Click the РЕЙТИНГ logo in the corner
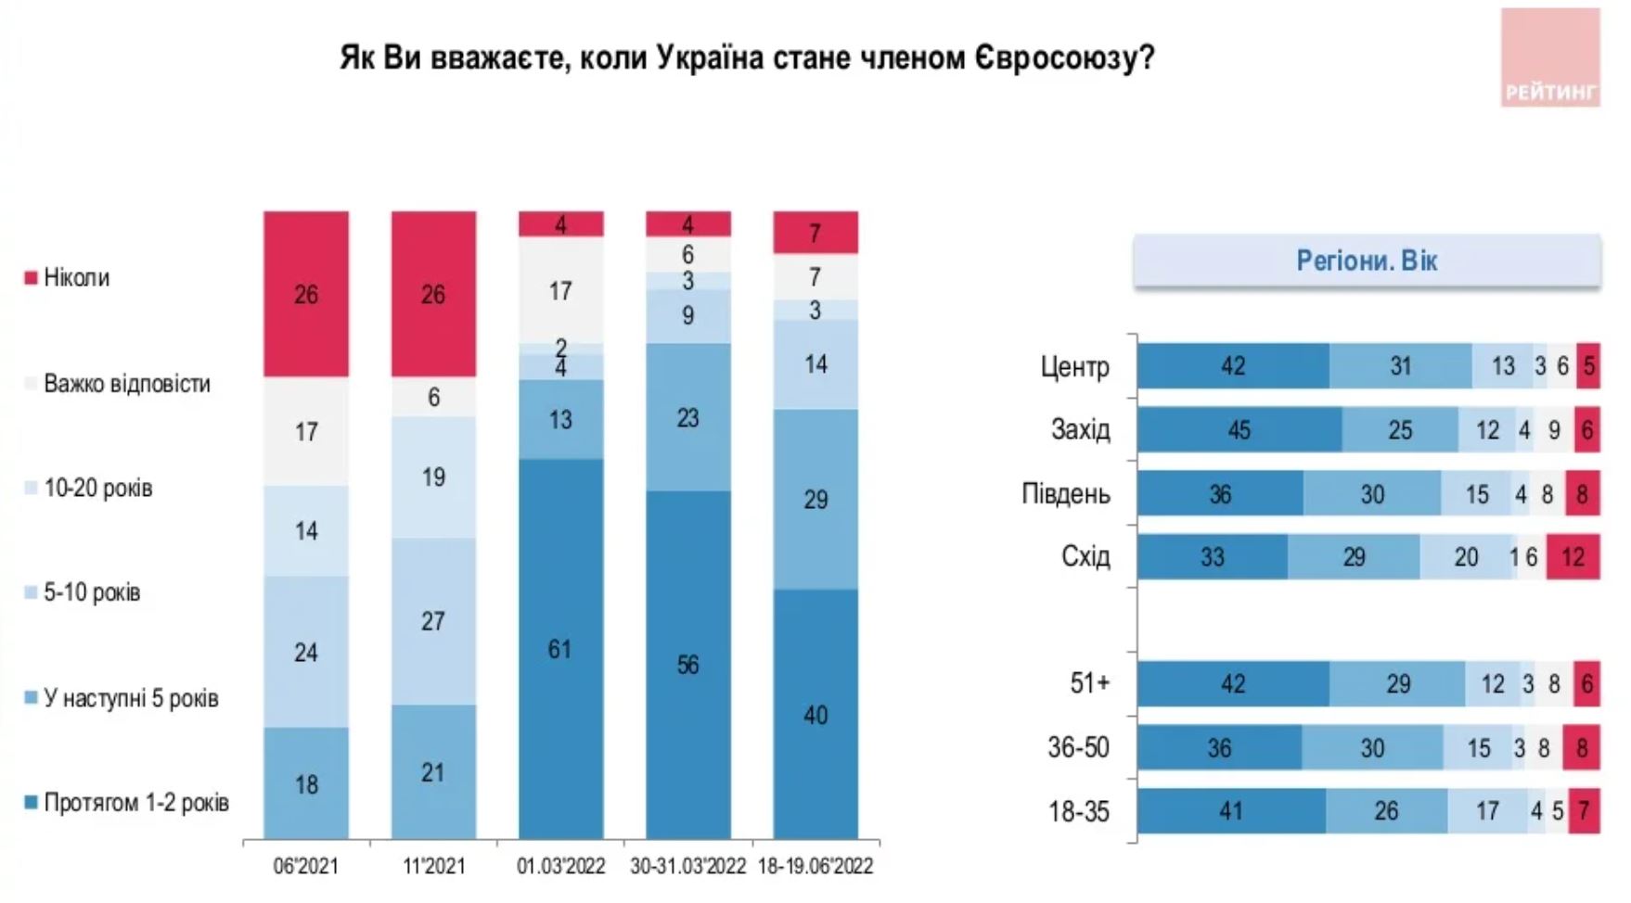pyautogui.click(x=1550, y=58)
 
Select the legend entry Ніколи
pyautogui.click(x=76, y=278)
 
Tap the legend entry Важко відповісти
pyautogui.click(x=126, y=384)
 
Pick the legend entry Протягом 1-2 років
pyautogui.click(x=135, y=803)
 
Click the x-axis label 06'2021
pyautogui.click(x=305, y=867)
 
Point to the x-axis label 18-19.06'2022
pyautogui.click(x=815, y=867)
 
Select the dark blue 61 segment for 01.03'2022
pyautogui.click(x=560, y=649)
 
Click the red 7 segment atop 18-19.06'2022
pyautogui.click(x=815, y=233)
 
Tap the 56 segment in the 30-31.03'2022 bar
pyautogui.click(x=687, y=665)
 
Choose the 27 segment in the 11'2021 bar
pyautogui.click(x=433, y=621)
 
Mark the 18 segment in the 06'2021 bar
pyautogui.click(x=306, y=784)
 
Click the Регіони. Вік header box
pyautogui.click(x=1367, y=261)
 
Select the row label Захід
pyautogui.click(x=1080, y=430)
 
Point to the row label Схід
pyautogui.click(x=1085, y=557)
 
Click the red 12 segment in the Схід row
pyautogui.click(x=1573, y=557)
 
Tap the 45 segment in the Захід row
pyautogui.click(x=1239, y=430)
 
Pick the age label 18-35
pyautogui.click(x=1078, y=812)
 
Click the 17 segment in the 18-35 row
pyautogui.click(x=1487, y=811)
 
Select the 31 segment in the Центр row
pyautogui.click(x=1400, y=366)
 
